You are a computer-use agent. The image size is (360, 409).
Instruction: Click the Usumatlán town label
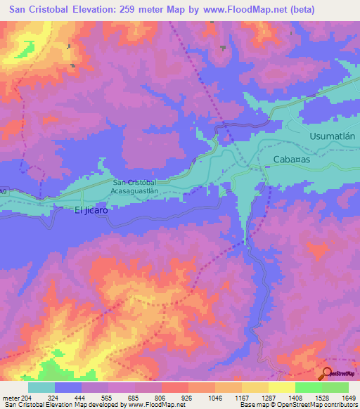click(x=334, y=137)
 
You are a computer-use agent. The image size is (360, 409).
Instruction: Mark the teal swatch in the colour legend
click(x=41, y=387)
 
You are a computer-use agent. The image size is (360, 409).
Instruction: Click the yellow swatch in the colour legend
click(x=282, y=387)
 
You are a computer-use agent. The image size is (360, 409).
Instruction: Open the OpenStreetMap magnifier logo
click(x=328, y=373)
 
